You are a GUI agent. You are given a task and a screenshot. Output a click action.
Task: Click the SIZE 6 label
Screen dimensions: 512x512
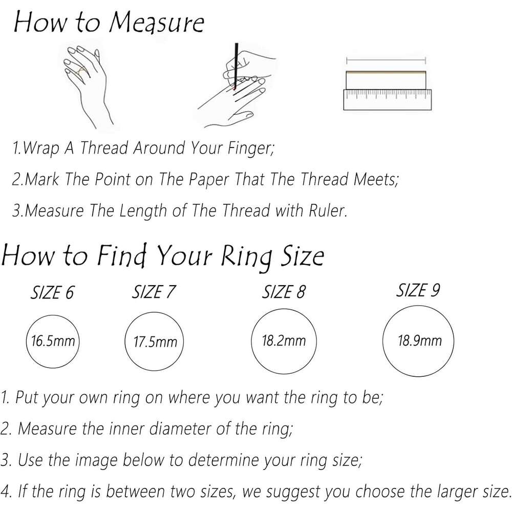pos(52,292)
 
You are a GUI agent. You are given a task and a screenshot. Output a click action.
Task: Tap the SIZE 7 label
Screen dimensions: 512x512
pos(154,292)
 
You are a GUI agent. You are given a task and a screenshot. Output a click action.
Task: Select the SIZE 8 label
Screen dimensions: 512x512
pos(284,292)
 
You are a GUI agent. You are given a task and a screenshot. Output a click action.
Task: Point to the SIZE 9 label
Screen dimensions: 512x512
pos(418,290)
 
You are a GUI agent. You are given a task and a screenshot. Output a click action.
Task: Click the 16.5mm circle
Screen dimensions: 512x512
pos(53,341)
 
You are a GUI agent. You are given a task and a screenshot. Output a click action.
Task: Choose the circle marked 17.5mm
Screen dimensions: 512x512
pos(155,342)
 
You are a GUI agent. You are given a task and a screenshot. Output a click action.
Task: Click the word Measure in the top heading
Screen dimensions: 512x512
pos(156,23)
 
